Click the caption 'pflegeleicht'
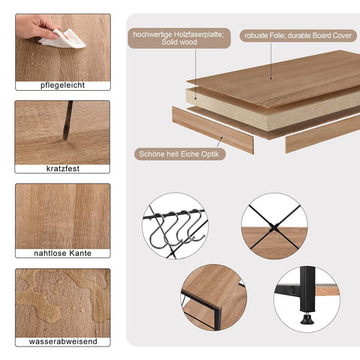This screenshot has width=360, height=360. click(x=62, y=85)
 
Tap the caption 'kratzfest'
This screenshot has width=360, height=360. click(x=63, y=169)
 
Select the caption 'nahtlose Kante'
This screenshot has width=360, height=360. click(x=62, y=253)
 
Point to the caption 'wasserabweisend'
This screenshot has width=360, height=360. click(x=63, y=341)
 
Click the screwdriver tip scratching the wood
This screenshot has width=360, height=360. click(x=65, y=137)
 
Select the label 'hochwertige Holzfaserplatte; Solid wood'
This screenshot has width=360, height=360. click(x=179, y=38)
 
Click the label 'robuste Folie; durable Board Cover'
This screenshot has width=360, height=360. click(x=298, y=36)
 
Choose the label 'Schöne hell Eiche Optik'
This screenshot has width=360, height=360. click(x=180, y=154)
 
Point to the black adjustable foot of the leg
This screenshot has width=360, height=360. click(x=307, y=318)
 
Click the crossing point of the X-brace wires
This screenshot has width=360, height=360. click(x=274, y=227)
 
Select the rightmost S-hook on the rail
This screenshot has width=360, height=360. click(x=196, y=226)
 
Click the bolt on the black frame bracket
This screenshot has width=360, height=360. click(x=292, y=290)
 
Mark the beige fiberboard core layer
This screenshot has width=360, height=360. click(x=272, y=110)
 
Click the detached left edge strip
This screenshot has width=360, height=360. click(x=213, y=130)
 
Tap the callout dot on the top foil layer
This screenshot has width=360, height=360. click(x=271, y=79)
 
